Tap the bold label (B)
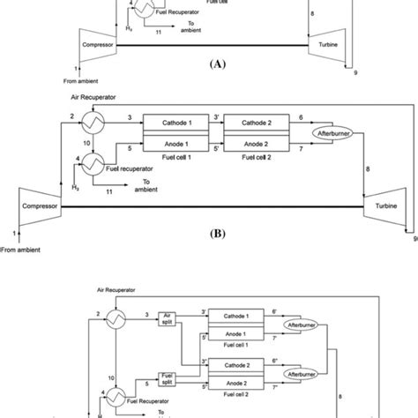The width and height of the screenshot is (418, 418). (x=209, y=236)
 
